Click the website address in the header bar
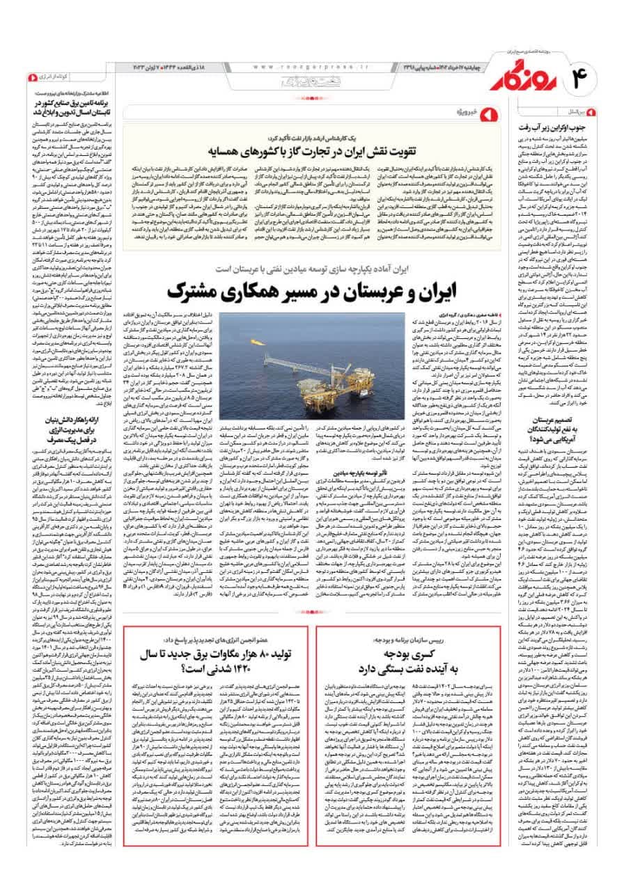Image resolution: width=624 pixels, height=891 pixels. (x=299, y=67)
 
